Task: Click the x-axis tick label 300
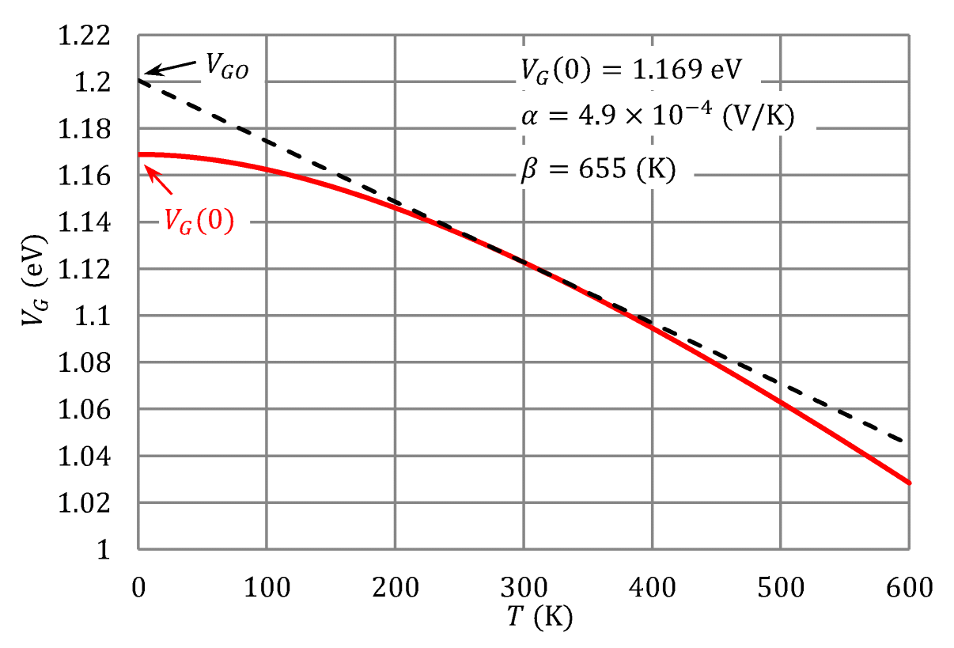point(522,588)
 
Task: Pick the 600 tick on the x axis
point(908,588)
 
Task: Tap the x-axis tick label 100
point(266,588)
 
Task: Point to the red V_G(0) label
point(199,222)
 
